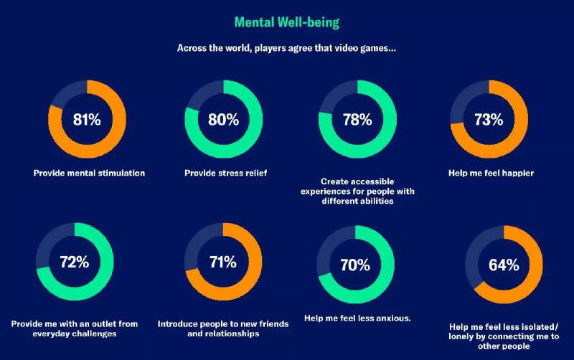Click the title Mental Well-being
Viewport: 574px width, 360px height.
click(287, 22)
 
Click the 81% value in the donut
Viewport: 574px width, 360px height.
click(87, 120)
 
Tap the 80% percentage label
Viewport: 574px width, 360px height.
click(223, 120)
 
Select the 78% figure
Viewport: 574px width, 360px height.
click(357, 120)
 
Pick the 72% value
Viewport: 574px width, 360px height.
click(74, 262)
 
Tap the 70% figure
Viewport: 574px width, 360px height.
click(355, 265)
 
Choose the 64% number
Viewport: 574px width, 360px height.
click(504, 265)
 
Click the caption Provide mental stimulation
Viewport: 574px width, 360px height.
click(89, 173)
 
